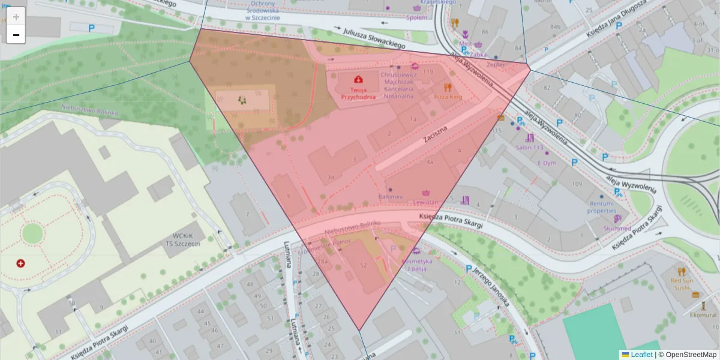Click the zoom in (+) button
point(16,16)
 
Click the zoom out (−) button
point(16,35)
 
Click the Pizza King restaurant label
point(448,96)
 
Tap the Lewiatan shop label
point(427,202)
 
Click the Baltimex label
point(389,196)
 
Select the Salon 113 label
point(529,148)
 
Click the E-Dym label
point(547,163)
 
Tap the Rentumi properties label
point(602,207)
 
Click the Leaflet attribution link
point(641,355)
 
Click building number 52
point(363,265)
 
